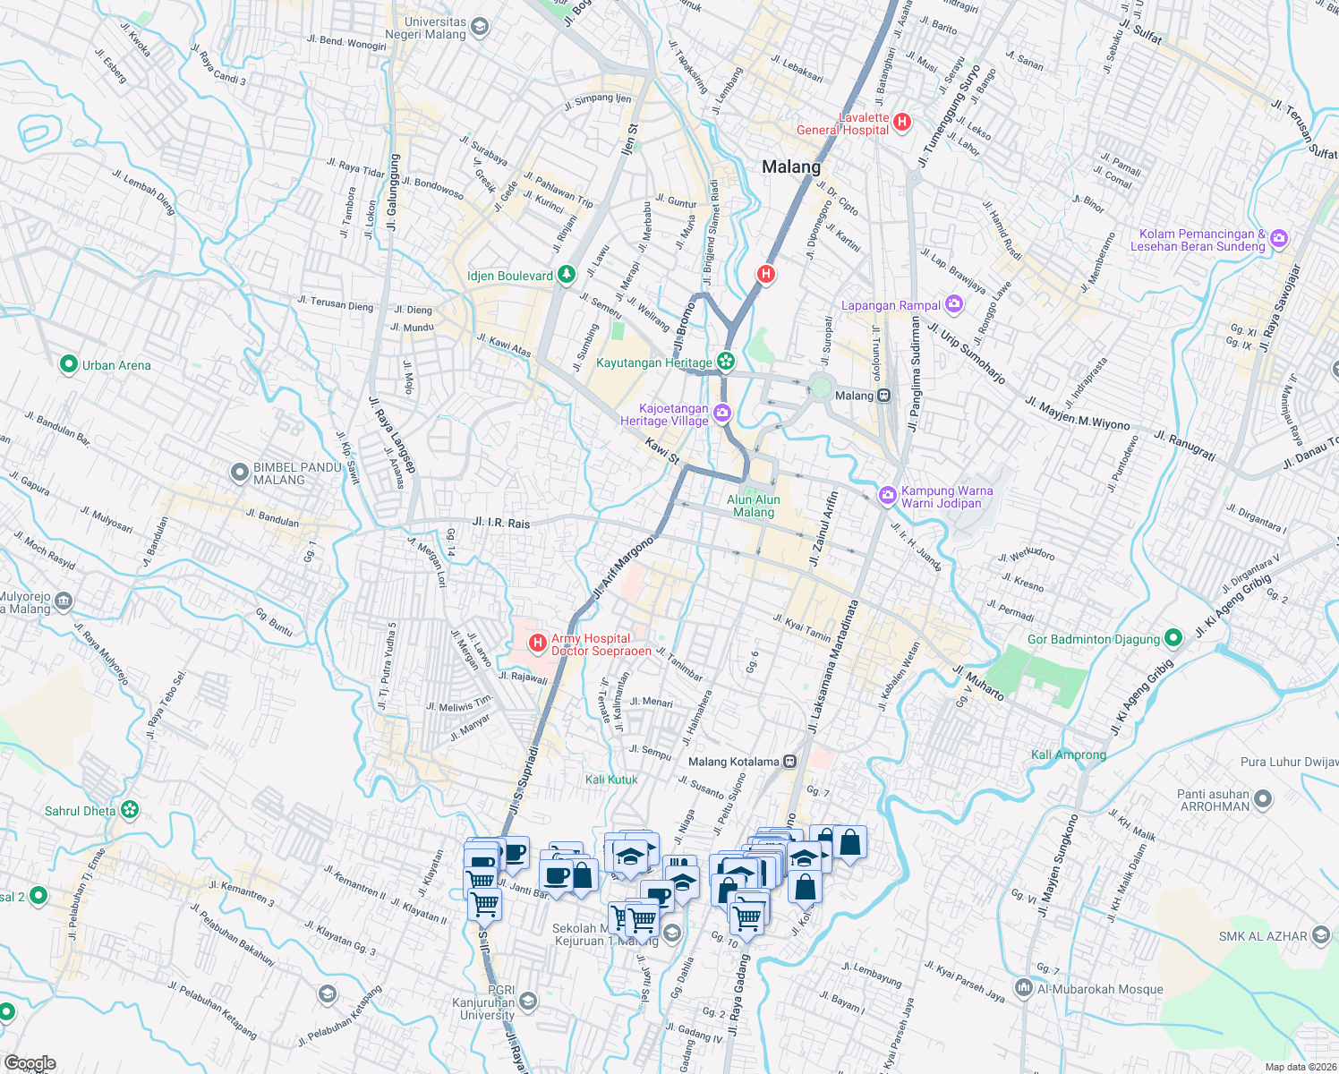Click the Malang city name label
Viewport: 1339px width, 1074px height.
click(x=790, y=167)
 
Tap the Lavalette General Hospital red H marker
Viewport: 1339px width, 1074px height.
click(x=902, y=122)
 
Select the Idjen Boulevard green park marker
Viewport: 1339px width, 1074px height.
click(x=566, y=275)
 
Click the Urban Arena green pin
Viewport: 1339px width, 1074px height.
click(x=68, y=364)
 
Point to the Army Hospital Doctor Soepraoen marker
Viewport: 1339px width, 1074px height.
click(x=538, y=643)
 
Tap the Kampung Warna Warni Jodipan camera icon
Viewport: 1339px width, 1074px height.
click(x=887, y=495)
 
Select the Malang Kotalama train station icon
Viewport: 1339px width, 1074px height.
click(x=789, y=762)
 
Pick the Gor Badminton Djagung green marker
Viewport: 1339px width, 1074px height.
click(x=1173, y=638)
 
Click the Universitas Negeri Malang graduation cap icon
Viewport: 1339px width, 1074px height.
click(x=480, y=27)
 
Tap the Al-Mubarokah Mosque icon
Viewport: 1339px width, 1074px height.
click(x=1023, y=988)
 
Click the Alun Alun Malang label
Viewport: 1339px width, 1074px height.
click(x=754, y=506)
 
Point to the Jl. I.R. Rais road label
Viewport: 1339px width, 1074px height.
click(x=500, y=523)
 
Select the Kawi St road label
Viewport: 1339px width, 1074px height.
click(x=662, y=450)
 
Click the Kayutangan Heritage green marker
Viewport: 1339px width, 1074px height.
click(x=725, y=362)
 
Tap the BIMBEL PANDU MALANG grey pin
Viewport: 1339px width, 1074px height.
click(x=239, y=472)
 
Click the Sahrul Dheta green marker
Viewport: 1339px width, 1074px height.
click(x=130, y=810)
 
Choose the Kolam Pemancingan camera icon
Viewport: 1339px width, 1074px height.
click(x=1279, y=238)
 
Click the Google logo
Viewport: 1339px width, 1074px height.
click(x=30, y=1062)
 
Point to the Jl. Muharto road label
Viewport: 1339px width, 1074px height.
click(x=977, y=683)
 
